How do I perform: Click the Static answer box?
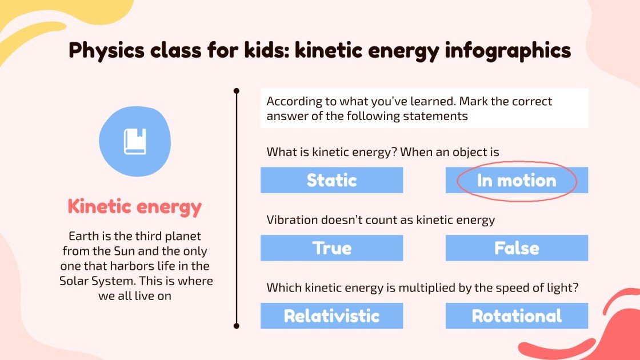click(x=331, y=180)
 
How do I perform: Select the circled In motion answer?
click(x=517, y=181)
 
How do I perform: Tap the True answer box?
click(x=331, y=248)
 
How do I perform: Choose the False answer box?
click(x=517, y=248)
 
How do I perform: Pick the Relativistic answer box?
click(x=331, y=315)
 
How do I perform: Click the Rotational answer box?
click(x=517, y=315)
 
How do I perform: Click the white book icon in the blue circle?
click(x=135, y=141)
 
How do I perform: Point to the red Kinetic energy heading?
click(x=135, y=206)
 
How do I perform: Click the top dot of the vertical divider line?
click(x=237, y=90)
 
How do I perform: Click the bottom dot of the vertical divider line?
click(x=237, y=326)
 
